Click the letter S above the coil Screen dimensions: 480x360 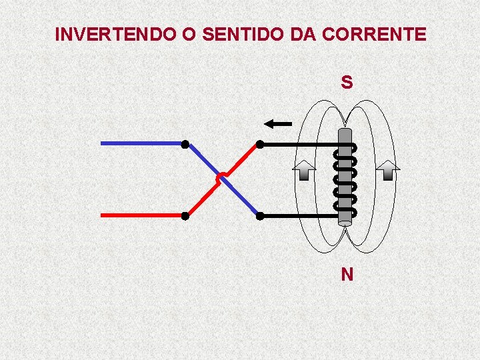[x=347, y=83]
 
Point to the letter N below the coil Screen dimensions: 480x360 [x=347, y=274]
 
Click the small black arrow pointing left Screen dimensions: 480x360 [x=278, y=123]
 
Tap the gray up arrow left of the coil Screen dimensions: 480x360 [x=303, y=171]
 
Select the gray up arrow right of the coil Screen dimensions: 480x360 [x=388, y=171]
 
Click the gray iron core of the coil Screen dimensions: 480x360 [x=345, y=177]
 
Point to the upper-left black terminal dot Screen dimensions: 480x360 [x=185, y=144]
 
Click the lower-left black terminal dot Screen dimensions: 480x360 [x=185, y=216]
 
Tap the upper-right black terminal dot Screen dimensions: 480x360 [x=260, y=144]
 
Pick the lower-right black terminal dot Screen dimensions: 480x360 [x=260, y=216]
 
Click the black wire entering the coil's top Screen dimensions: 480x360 [x=300, y=144]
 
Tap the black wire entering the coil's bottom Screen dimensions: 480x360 [x=300, y=216]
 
